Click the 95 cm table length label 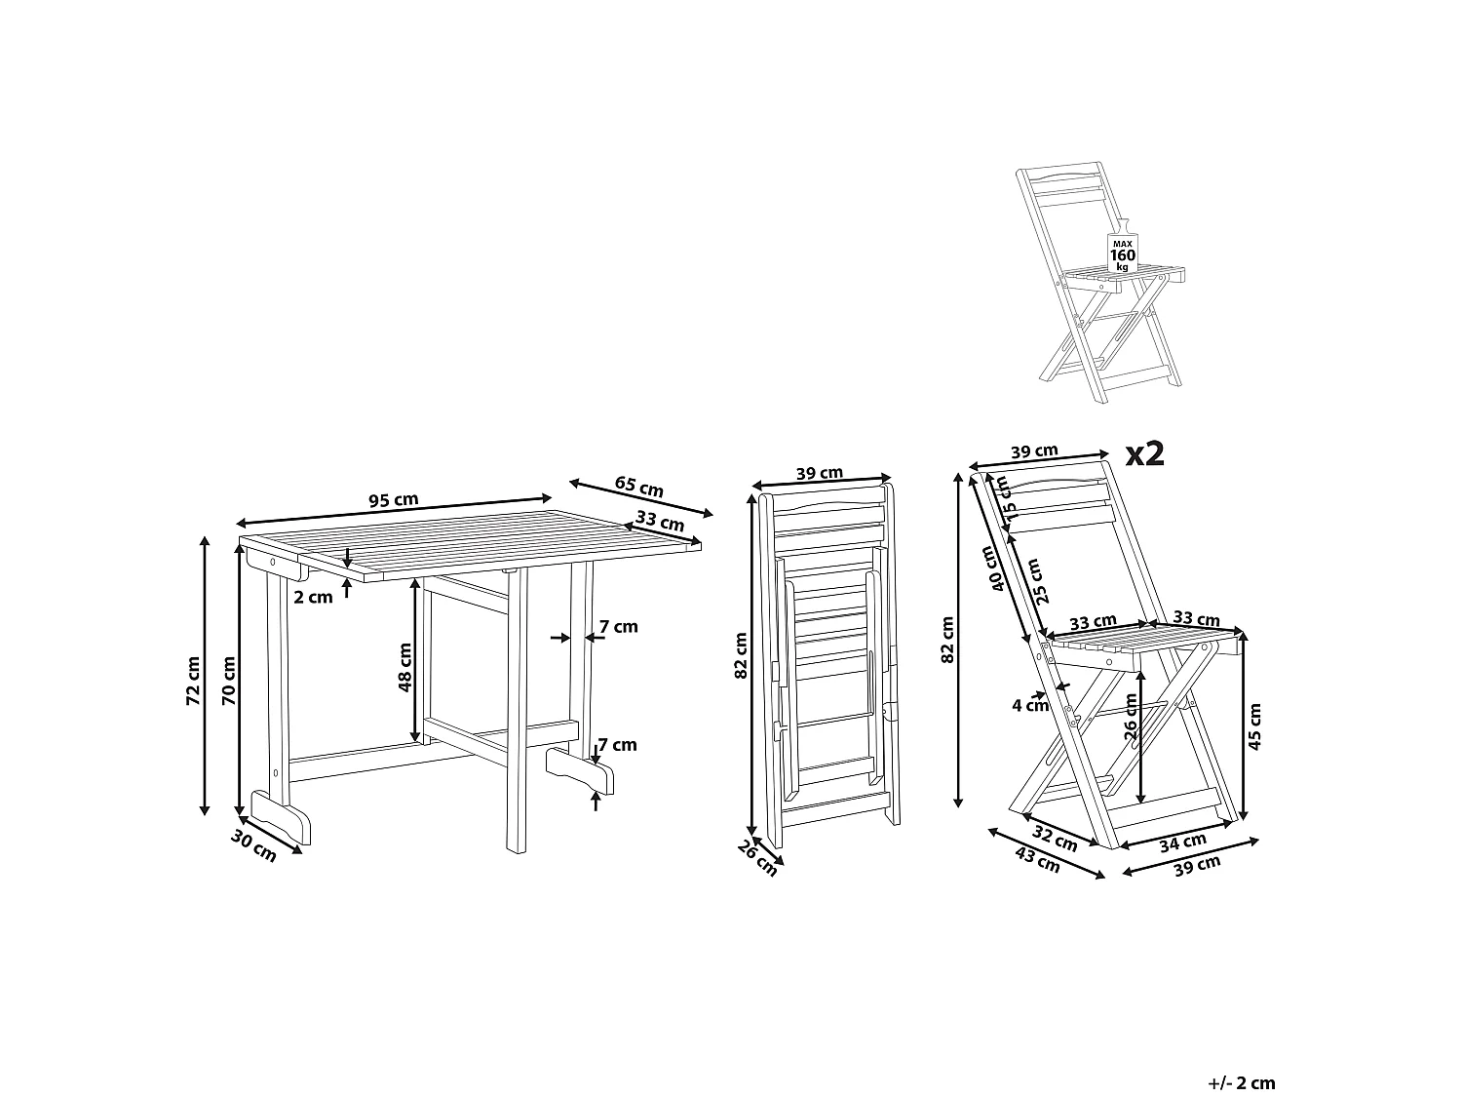(393, 500)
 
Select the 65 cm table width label (639, 486)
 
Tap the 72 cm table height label (193, 681)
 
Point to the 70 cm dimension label (228, 681)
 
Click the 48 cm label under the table (405, 666)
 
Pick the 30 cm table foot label (253, 845)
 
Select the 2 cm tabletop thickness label (313, 597)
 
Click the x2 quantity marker (1144, 453)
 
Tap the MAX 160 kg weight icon (1122, 253)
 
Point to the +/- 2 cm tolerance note (1241, 1055)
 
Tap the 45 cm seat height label (1254, 725)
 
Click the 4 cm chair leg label (1029, 704)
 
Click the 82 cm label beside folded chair (742, 655)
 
